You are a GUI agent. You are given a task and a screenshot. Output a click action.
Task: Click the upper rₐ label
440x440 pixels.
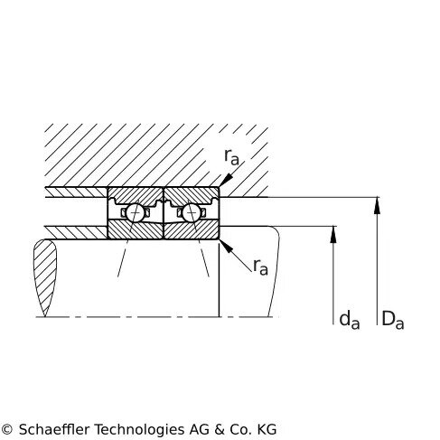click(231, 156)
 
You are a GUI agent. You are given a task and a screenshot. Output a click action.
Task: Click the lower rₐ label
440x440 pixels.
click(260, 267)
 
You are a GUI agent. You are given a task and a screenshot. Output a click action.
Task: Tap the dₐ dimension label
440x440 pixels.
click(350, 320)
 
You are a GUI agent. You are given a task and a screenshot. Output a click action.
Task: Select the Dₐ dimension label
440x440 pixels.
click(393, 320)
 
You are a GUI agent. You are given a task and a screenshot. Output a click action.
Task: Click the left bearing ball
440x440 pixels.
click(135, 212)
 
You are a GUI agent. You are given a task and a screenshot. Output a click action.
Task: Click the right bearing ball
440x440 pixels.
click(191, 212)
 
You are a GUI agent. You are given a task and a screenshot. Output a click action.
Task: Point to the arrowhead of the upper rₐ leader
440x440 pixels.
click(225, 180)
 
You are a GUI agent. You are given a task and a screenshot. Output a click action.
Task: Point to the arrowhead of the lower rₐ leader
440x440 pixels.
click(226, 246)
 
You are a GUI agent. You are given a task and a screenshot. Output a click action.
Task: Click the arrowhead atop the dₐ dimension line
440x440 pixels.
click(333, 234)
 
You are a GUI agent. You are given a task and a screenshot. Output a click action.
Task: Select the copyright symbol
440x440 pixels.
click(6, 429)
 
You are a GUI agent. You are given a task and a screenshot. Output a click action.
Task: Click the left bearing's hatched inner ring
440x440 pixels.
click(136, 230)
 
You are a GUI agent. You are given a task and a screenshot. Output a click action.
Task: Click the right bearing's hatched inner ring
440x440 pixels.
click(192, 230)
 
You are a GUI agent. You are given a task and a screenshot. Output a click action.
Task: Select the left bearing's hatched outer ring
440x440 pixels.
click(136, 195)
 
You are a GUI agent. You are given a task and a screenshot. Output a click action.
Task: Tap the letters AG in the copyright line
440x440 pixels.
click(199, 429)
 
